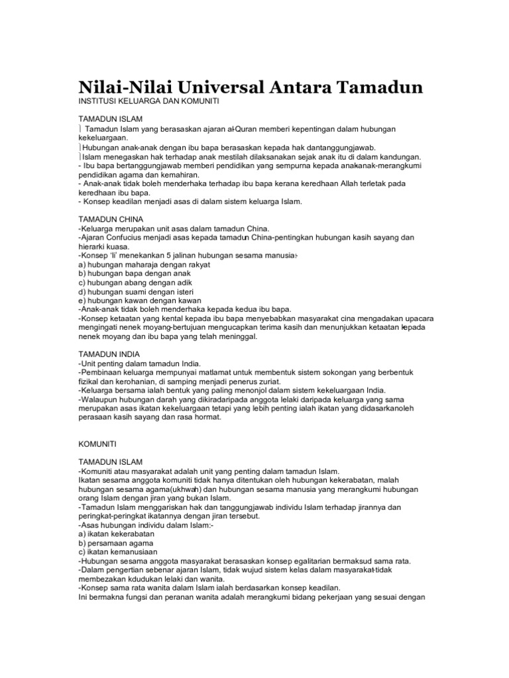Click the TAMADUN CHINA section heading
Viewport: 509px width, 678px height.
111,218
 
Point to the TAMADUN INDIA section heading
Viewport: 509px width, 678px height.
109,354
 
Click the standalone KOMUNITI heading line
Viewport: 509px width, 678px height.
97,441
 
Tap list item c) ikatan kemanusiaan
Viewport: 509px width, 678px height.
117,552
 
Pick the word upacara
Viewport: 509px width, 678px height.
406,318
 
